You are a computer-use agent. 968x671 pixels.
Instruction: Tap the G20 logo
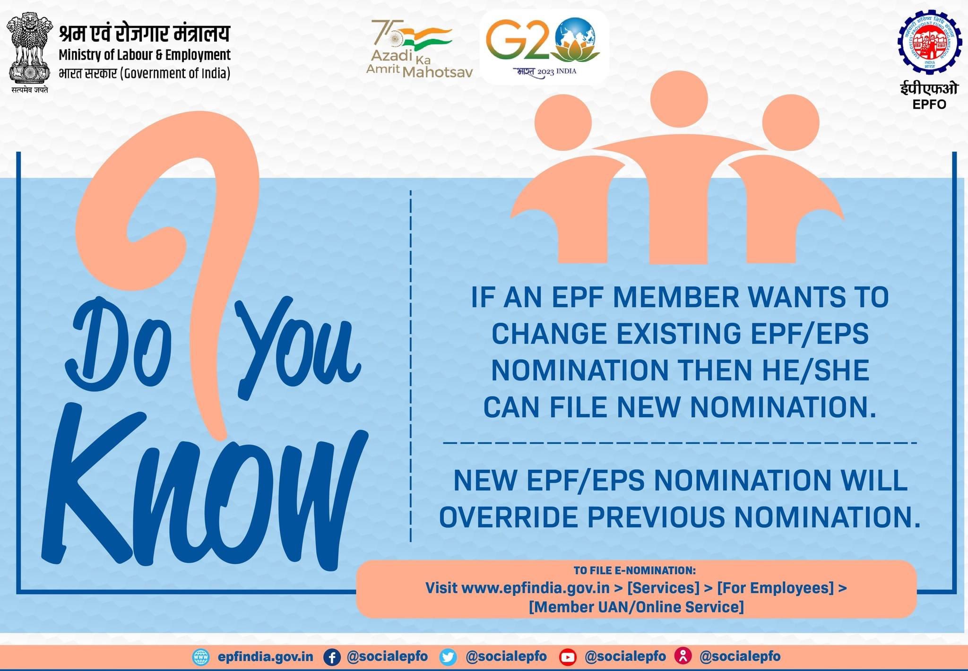point(544,45)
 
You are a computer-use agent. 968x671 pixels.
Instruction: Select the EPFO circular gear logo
point(929,43)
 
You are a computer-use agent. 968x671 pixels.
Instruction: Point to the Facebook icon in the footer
point(332,657)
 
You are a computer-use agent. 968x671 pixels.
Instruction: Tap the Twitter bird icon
point(448,657)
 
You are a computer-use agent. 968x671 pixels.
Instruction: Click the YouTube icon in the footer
point(567,657)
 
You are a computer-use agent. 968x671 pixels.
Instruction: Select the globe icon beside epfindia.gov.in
point(201,657)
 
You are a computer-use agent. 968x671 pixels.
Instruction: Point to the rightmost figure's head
point(791,122)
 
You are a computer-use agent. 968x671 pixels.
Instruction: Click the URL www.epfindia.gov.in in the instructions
point(535,588)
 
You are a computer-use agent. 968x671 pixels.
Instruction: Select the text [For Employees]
point(775,588)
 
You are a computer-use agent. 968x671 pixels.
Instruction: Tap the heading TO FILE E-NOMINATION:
point(634,570)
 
